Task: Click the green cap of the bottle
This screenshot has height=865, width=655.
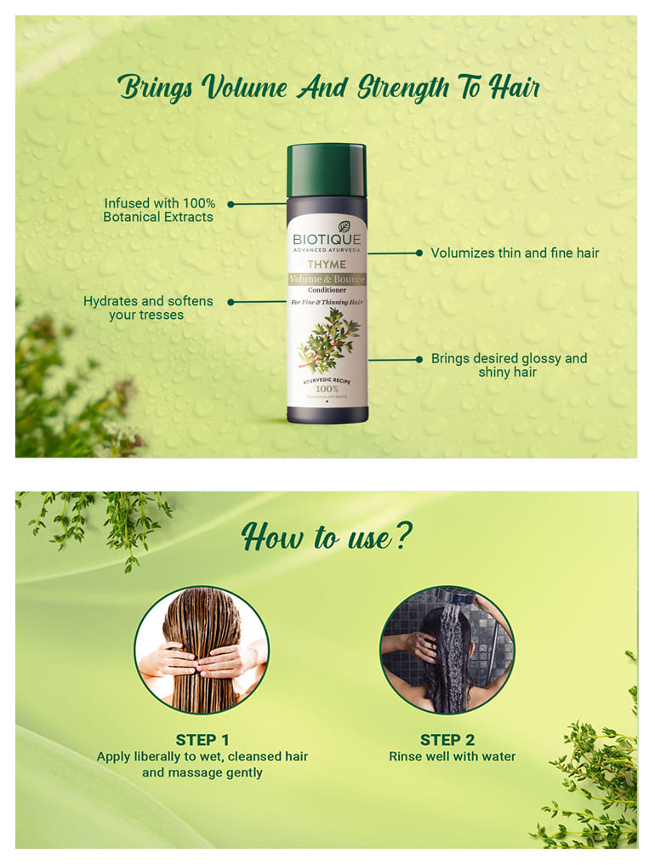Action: pyautogui.click(x=327, y=169)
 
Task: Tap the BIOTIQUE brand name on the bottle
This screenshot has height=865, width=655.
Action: pyautogui.click(x=327, y=240)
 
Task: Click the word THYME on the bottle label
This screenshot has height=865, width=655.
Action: pyautogui.click(x=327, y=265)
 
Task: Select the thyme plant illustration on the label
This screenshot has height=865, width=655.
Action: pyautogui.click(x=328, y=339)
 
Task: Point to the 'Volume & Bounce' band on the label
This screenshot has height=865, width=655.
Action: pyautogui.click(x=327, y=278)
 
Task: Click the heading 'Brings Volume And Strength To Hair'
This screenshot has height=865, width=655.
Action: pyautogui.click(x=329, y=88)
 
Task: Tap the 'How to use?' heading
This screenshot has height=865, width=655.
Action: pyautogui.click(x=327, y=538)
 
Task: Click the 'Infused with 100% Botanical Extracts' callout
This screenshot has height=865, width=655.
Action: pyautogui.click(x=159, y=210)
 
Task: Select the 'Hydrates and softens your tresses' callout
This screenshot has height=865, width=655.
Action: pyautogui.click(x=148, y=308)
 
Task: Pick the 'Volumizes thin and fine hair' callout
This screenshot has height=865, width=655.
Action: pyautogui.click(x=515, y=253)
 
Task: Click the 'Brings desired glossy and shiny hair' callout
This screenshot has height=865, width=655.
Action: pyautogui.click(x=509, y=365)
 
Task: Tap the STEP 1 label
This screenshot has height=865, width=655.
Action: pyautogui.click(x=202, y=739)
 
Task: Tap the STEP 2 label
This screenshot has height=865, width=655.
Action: pyautogui.click(x=447, y=739)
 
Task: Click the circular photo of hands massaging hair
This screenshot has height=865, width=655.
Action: pyautogui.click(x=202, y=650)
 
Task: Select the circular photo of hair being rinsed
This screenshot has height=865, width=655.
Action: pyautogui.click(x=447, y=650)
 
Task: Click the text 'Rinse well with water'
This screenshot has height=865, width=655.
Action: pyautogui.click(x=452, y=756)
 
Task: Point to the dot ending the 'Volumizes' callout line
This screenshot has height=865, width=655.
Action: pyautogui.click(x=419, y=253)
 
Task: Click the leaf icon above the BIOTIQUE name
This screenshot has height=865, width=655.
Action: pyautogui.click(x=344, y=227)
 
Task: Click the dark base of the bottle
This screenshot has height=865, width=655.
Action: pyautogui.click(x=327, y=414)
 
